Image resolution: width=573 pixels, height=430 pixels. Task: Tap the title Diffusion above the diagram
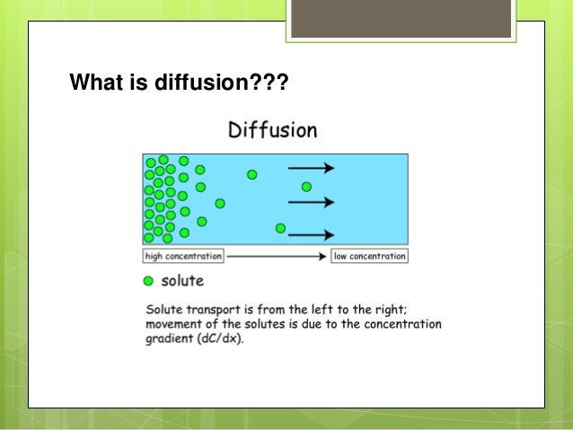click(271, 131)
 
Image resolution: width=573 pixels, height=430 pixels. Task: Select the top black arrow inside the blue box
click(311, 168)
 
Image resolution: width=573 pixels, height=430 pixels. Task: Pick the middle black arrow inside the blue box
click(311, 201)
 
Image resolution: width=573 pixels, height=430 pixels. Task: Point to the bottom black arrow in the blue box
click(311, 235)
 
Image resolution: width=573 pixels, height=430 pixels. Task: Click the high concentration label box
click(183, 257)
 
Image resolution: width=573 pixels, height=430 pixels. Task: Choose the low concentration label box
click(369, 257)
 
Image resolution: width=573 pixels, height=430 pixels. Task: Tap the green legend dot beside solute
click(148, 281)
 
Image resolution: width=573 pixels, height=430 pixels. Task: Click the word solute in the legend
click(182, 281)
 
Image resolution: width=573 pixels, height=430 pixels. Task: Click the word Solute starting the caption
click(164, 310)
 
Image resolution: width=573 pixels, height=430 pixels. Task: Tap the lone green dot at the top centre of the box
click(252, 174)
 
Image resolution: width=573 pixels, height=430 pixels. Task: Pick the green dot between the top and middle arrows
click(306, 187)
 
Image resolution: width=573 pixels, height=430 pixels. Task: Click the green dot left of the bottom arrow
click(281, 228)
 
